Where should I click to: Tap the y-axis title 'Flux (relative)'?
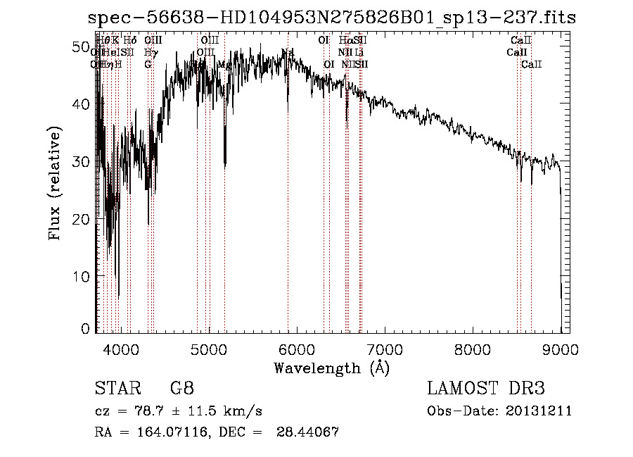point(54,183)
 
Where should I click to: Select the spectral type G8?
point(181,389)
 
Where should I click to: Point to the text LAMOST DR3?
point(486,389)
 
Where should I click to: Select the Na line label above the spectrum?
point(288,53)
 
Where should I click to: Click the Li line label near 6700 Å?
point(359,53)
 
